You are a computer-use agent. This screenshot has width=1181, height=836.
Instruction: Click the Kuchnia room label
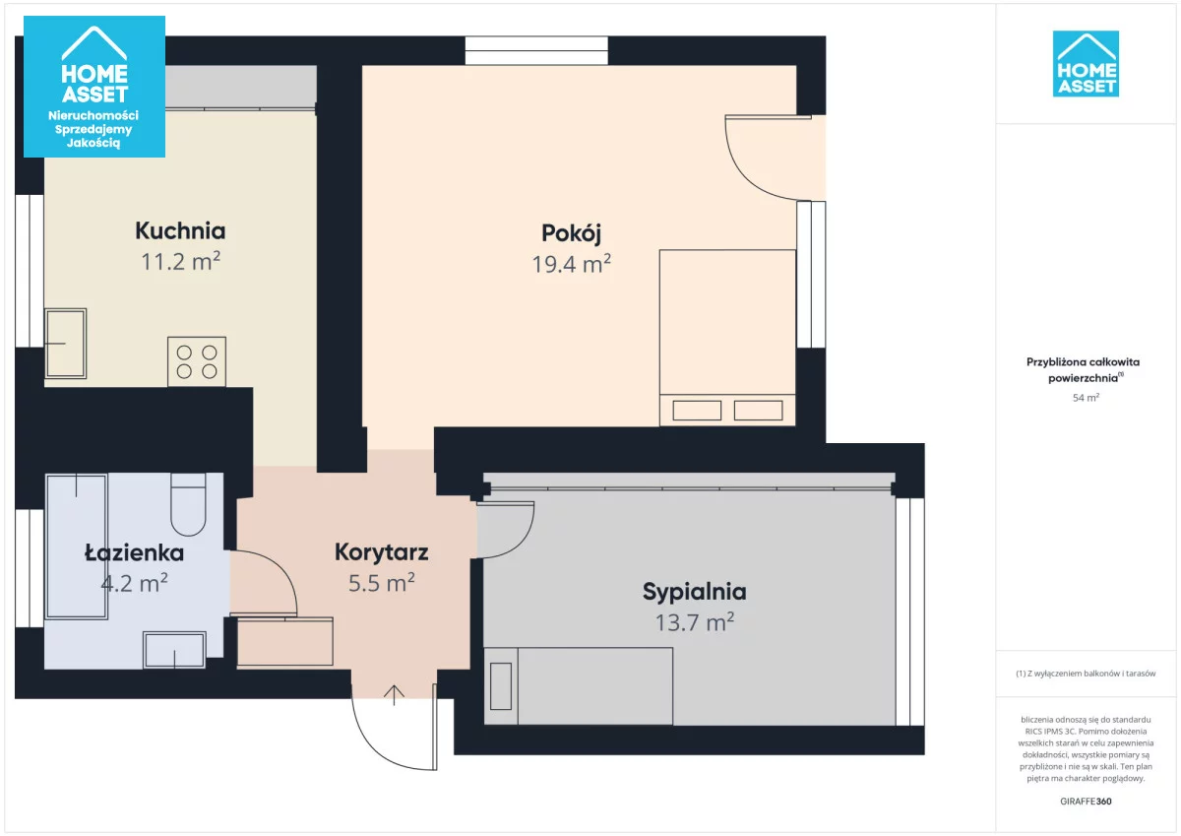click(x=180, y=230)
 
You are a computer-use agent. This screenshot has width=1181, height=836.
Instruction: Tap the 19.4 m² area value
click(x=571, y=264)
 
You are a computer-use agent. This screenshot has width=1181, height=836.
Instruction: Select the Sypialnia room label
click(x=695, y=593)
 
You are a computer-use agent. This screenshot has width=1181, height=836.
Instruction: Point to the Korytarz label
click(x=381, y=552)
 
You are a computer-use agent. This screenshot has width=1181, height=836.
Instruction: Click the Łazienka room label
click(x=134, y=552)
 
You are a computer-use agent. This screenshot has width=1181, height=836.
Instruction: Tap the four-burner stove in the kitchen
click(x=197, y=361)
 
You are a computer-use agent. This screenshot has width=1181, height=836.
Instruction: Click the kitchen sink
click(x=65, y=344)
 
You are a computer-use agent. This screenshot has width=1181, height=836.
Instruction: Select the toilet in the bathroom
click(x=188, y=504)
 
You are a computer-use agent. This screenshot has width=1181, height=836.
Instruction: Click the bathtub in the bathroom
click(x=77, y=547)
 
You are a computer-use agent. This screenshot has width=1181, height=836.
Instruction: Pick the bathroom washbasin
click(x=174, y=650)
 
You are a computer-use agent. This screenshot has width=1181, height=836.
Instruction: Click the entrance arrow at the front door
click(x=394, y=695)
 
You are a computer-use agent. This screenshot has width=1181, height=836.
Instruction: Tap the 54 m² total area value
click(x=1086, y=398)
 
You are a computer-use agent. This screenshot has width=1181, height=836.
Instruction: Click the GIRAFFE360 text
click(x=1086, y=802)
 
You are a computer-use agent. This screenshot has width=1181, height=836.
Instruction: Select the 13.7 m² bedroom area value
click(x=695, y=623)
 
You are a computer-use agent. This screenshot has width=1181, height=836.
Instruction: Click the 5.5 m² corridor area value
click(x=381, y=583)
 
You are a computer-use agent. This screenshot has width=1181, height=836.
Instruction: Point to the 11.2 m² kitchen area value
click(x=180, y=262)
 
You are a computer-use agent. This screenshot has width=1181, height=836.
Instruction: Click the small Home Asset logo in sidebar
click(x=1086, y=64)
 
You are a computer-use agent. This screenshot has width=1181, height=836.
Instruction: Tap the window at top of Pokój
click(x=536, y=50)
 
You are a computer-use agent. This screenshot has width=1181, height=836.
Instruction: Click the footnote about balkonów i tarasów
click(x=1086, y=674)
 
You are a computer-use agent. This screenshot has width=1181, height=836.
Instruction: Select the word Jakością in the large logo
click(x=93, y=143)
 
